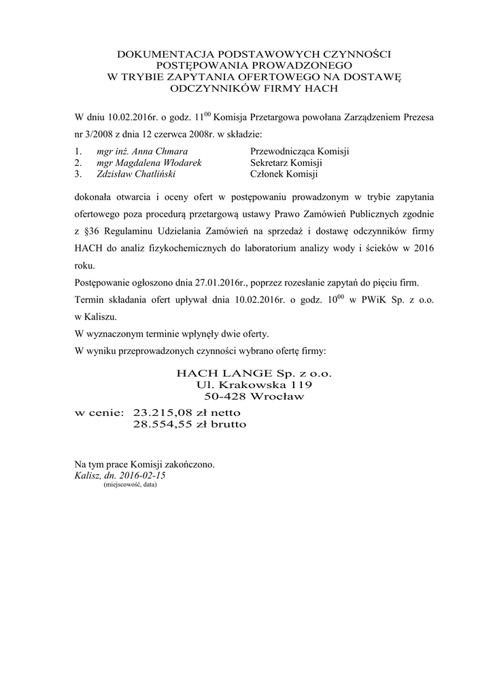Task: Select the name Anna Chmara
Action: [x=164, y=151]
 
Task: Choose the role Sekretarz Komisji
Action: [x=286, y=163]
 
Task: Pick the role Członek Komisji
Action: [x=284, y=175]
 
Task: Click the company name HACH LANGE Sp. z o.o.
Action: [x=254, y=374]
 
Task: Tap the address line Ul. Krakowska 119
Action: [x=254, y=385]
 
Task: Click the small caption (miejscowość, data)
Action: [x=130, y=485]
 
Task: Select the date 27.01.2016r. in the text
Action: [x=205, y=281]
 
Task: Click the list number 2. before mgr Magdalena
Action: [x=78, y=163]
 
